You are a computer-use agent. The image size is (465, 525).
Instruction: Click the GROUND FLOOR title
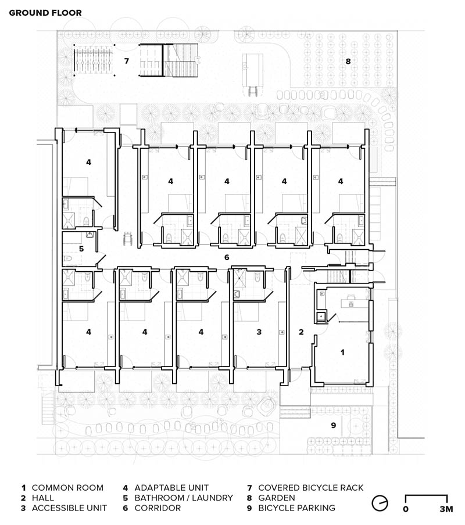(x=45, y=13)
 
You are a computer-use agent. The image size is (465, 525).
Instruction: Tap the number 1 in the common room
(x=342, y=353)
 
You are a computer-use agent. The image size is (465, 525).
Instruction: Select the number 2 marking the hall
(x=301, y=332)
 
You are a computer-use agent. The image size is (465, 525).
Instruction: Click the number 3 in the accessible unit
(x=259, y=332)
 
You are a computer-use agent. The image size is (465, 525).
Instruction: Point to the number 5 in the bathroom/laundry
(x=81, y=249)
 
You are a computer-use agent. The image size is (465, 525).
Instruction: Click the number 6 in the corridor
(x=227, y=257)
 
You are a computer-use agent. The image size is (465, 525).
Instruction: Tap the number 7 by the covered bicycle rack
(x=126, y=61)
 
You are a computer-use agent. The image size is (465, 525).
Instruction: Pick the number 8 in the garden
(x=348, y=62)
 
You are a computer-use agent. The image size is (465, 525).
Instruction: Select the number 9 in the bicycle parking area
(x=333, y=425)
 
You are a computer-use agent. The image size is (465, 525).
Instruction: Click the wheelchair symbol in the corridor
(x=127, y=239)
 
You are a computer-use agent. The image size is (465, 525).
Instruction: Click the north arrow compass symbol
(x=380, y=503)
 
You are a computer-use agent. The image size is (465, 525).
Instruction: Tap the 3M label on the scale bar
(x=446, y=509)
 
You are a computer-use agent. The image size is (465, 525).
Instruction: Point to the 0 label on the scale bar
(x=406, y=509)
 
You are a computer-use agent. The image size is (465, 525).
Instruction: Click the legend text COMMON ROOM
(x=67, y=488)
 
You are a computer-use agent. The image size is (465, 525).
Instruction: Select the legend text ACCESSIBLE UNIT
(x=69, y=508)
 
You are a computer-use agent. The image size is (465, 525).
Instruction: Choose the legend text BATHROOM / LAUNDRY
(x=184, y=498)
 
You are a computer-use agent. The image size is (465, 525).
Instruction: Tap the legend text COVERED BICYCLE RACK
(x=310, y=488)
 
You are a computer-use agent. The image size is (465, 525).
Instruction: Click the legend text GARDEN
(x=277, y=498)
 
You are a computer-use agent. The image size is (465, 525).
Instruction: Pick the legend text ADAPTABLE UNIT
(x=171, y=488)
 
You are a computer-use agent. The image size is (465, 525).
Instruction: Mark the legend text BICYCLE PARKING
(x=296, y=508)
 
